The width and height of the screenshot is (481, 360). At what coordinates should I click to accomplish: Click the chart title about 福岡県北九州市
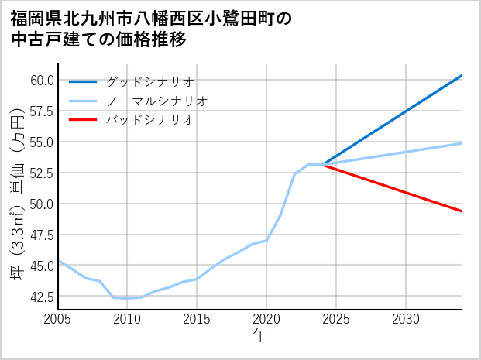(x=151, y=29)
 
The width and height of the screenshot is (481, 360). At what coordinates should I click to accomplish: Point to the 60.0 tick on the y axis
(x=42, y=80)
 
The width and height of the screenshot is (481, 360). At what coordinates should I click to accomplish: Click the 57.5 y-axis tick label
(x=42, y=111)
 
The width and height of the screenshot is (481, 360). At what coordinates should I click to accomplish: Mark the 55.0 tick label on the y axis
(x=42, y=142)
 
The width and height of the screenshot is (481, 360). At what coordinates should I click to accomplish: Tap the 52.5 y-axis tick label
(x=42, y=173)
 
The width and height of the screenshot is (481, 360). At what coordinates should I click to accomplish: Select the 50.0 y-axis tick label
(x=42, y=204)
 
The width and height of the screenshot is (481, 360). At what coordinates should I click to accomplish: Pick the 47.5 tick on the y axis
(x=42, y=235)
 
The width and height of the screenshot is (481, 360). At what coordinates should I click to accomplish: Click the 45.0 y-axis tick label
(x=42, y=266)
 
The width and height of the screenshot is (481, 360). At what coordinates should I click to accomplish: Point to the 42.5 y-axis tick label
(x=42, y=297)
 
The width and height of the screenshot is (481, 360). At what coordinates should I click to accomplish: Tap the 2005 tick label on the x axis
(x=58, y=319)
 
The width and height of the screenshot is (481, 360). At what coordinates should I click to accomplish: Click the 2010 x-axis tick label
(x=127, y=319)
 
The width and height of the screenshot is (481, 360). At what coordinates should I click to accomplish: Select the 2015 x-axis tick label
(x=197, y=319)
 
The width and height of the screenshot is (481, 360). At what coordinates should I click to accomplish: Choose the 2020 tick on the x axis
(x=266, y=319)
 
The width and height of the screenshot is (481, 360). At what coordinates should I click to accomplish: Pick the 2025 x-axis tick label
(x=336, y=319)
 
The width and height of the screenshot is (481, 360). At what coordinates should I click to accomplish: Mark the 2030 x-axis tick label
(x=406, y=319)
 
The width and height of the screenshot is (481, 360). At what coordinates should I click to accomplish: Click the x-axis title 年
(x=259, y=336)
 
